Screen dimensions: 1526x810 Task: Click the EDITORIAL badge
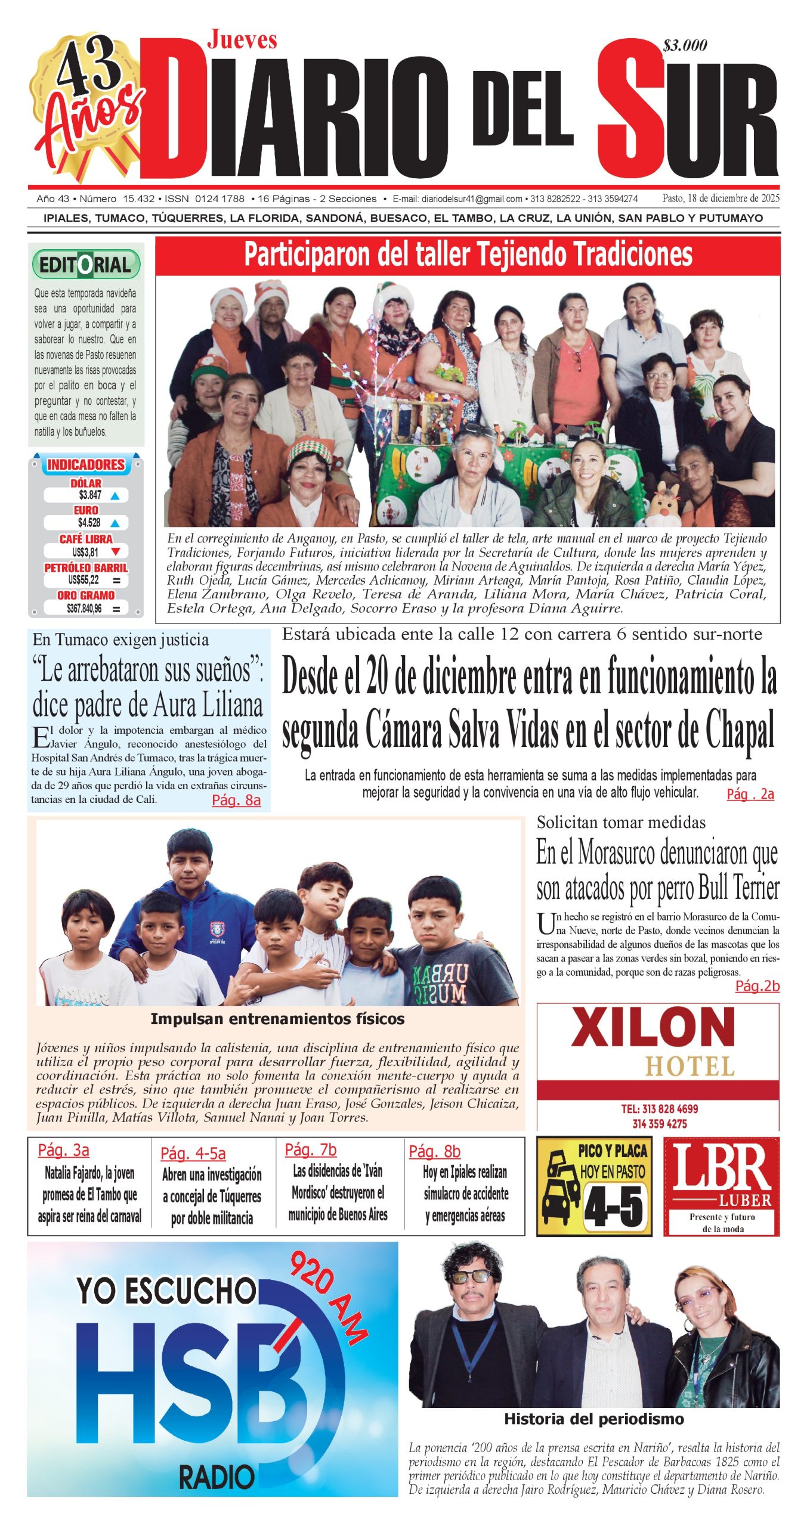coord(86,265)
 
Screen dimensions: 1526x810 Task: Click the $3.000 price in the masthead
coord(685,45)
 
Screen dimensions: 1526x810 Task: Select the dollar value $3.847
coord(90,495)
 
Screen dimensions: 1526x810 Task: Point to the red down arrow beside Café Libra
coord(116,551)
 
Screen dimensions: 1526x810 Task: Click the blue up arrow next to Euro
coord(115,523)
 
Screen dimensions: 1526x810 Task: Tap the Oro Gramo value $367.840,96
coord(84,608)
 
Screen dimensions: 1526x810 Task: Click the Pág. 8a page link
coord(236,800)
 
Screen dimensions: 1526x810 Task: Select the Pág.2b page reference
coord(757,986)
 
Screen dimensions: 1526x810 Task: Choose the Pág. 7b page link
coord(310,1149)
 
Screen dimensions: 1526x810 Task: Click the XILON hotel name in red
coord(653,1027)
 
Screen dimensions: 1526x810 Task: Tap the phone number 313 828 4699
coord(659,1109)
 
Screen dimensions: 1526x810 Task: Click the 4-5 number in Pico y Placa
coord(614,1206)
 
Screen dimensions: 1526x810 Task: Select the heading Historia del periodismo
coord(593,1419)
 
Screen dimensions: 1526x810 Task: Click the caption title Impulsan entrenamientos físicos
coord(277,1019)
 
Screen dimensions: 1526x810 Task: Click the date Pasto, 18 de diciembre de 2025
coord(721,198)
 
